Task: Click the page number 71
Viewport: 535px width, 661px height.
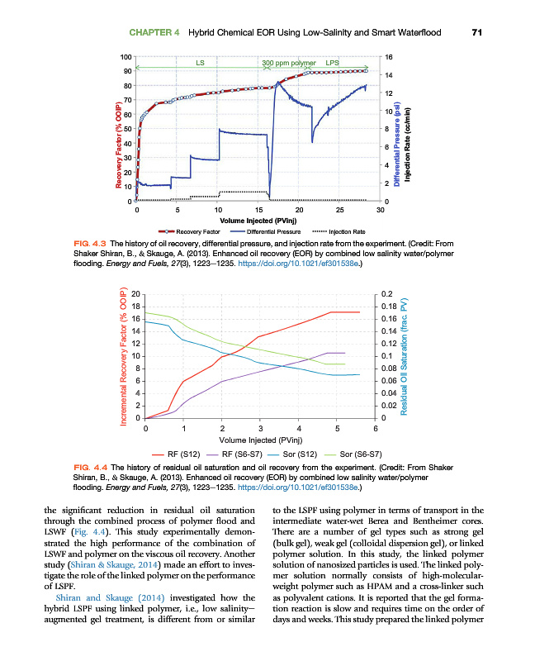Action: click(476, 33)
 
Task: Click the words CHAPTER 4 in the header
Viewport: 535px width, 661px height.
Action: click(155, 33)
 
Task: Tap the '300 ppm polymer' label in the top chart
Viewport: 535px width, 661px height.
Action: click(289, 63)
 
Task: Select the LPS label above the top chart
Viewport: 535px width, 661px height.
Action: click(332, 63)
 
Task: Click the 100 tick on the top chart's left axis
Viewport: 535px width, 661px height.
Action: click(125, 56)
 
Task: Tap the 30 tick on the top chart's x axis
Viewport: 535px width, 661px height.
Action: click(381, 210)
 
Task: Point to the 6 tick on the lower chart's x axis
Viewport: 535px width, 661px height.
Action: click(375, 428)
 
